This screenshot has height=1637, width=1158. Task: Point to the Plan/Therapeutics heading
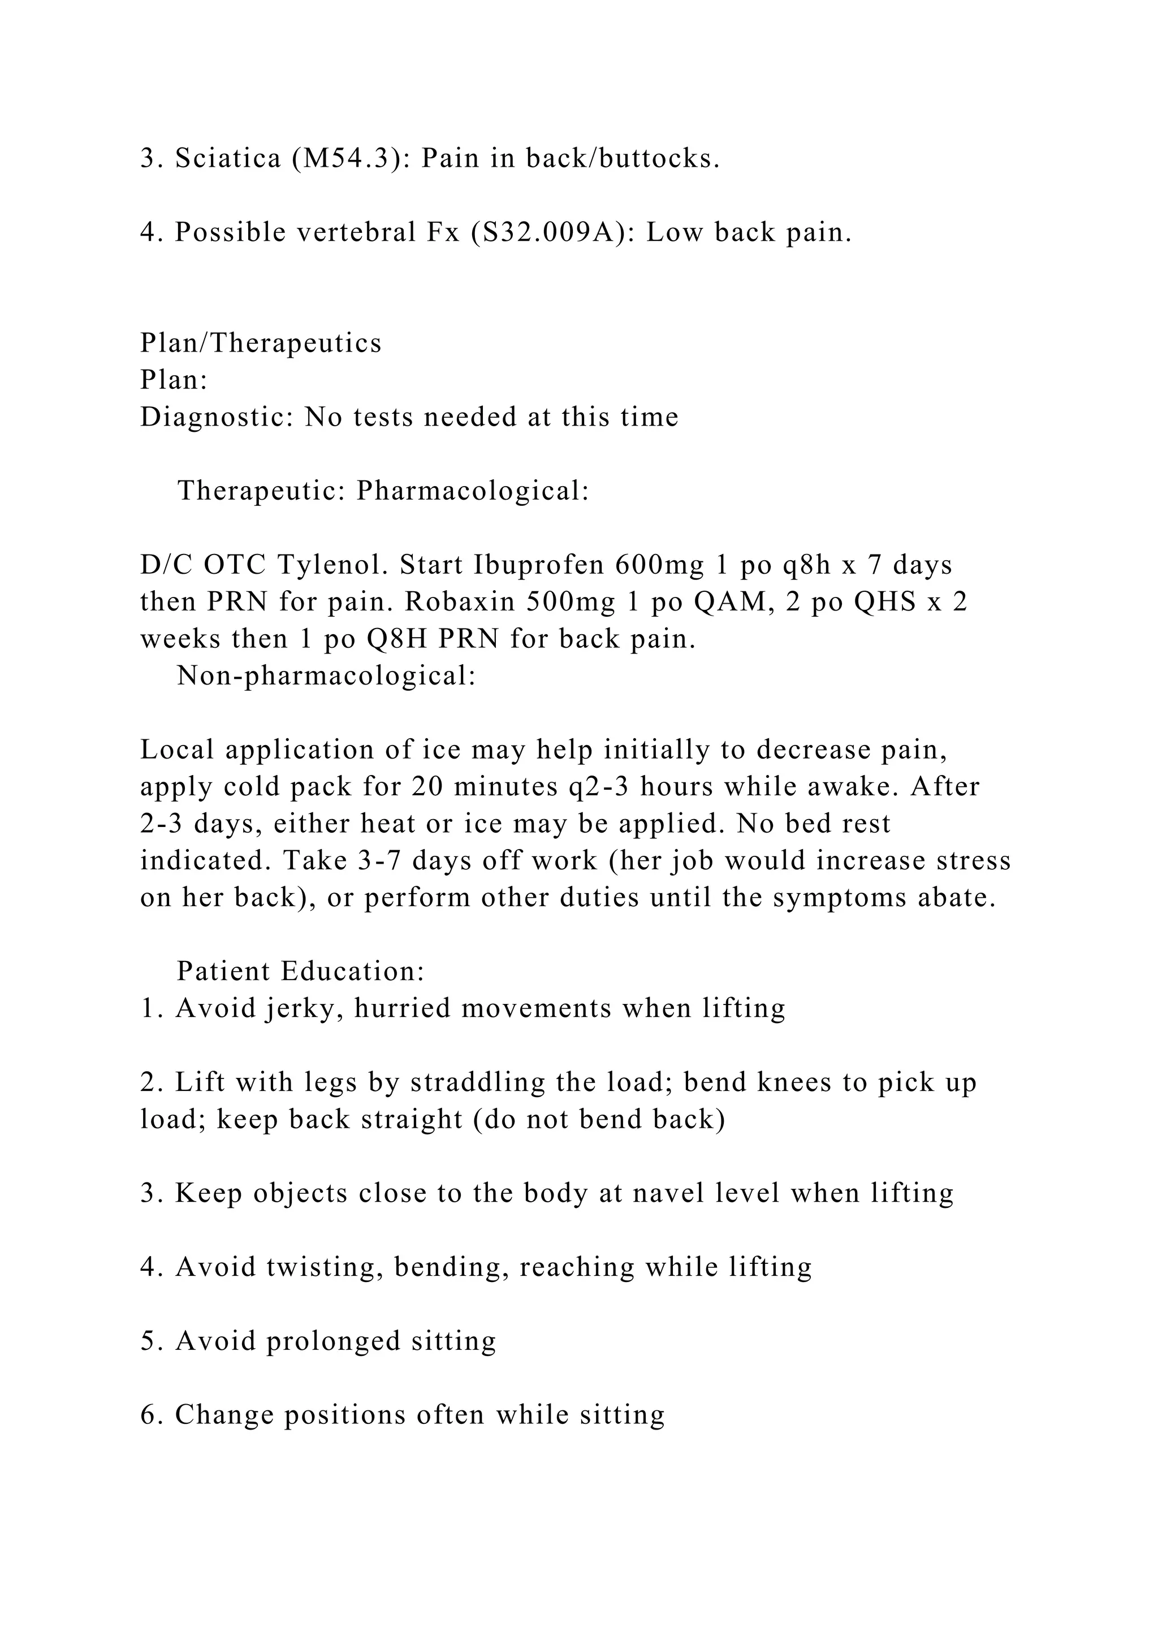(x=261, y=343)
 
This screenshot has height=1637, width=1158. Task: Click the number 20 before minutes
(x=426, y=786)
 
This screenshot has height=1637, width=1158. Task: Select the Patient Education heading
(x=300, y=971)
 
